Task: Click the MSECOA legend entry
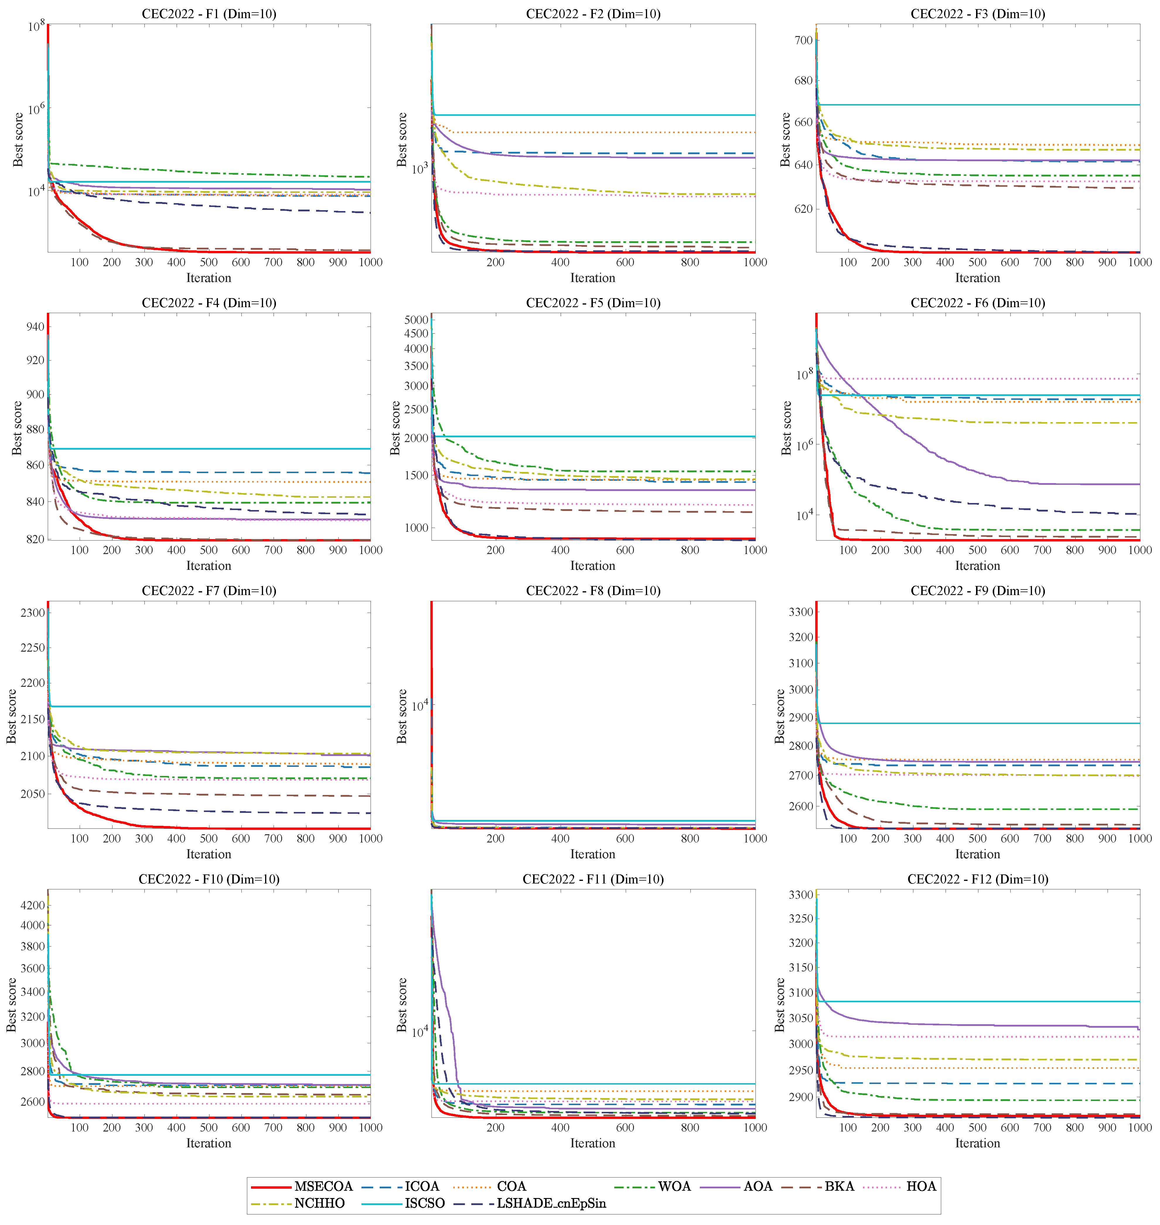[323, 1186]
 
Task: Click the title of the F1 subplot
[209, 13]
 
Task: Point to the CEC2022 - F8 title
[593, 591]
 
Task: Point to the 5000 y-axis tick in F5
[416, 320]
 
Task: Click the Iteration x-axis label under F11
[593, 1143]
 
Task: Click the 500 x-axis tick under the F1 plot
[209, 262]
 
